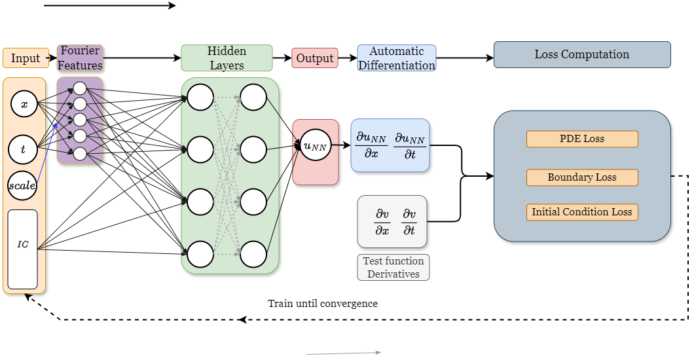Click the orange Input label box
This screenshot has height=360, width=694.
26,58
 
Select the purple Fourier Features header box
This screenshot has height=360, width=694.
80,58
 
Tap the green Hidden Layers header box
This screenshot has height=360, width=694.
227,58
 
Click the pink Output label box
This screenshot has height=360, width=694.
315,58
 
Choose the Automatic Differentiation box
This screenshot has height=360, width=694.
397,58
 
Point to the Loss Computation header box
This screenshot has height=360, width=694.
582,54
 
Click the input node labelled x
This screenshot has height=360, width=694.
24,104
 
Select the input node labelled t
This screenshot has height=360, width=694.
23,149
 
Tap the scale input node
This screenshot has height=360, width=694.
22,185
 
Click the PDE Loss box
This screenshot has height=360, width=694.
582,139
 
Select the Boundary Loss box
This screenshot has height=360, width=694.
582,177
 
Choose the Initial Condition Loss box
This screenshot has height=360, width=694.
582,212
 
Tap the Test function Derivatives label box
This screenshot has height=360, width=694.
393,267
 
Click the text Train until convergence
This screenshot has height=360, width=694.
323,304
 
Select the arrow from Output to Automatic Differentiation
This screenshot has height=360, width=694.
348,58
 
